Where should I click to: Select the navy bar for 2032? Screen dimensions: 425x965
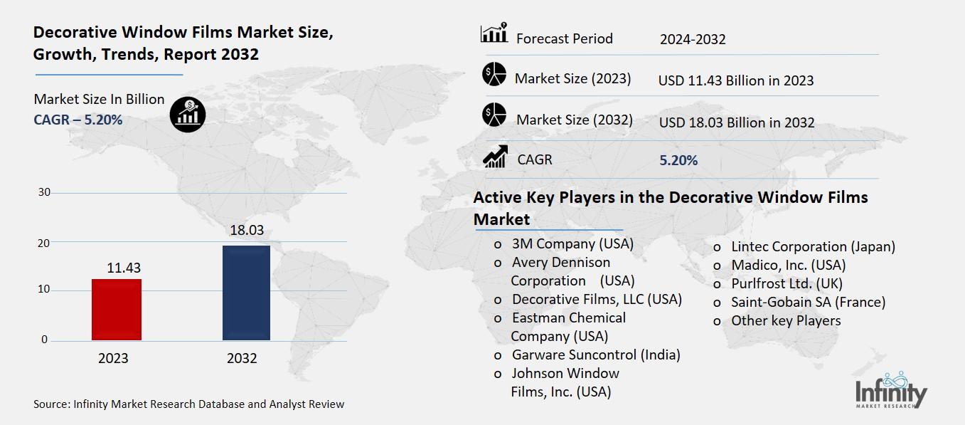click(246, 293)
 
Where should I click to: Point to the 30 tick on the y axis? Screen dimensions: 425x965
click(44, 192)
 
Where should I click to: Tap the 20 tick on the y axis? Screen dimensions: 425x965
click(44, 243)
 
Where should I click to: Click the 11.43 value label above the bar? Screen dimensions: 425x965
click(124, 268)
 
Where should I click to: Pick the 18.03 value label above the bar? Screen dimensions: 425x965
click(246, 231)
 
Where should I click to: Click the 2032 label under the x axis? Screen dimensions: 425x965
click(242, 359)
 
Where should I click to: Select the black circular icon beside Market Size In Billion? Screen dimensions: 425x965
click(188, 115)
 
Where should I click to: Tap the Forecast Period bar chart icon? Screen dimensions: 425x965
click(494, 33)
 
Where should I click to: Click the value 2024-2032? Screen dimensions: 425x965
click(692, 39)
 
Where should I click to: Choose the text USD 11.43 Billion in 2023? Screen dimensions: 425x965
click(735, 80)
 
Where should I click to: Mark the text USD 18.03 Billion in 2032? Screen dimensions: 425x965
click(736, 123)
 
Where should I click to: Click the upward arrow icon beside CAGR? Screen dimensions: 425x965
click(494, 157)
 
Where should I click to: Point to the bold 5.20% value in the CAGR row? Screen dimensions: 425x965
click(678, 160)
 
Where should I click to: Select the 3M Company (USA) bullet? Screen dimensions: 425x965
click(572, 244)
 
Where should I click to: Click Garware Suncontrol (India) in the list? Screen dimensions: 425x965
click(596, 355)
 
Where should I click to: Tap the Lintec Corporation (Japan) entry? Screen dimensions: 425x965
click(813, 247)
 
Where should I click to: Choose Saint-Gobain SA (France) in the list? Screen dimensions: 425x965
click(808, 302)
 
